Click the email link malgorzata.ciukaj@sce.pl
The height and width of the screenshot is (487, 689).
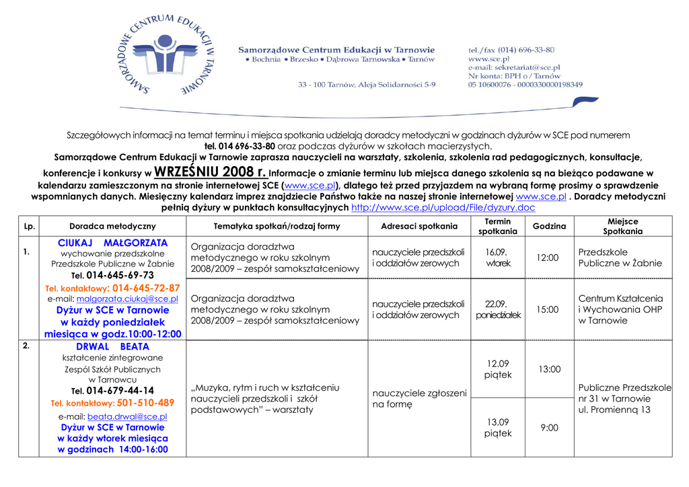tap(127, 299)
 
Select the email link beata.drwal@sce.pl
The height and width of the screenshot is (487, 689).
tap(127, 416)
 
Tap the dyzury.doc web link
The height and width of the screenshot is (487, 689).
tap(443, 208)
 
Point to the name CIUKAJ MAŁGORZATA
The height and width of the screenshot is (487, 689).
tap(112, 242)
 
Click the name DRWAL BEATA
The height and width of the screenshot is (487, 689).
tap(112, 346)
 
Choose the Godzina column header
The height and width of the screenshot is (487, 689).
tap(549, 226)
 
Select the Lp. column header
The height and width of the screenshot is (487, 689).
tap(29, 226)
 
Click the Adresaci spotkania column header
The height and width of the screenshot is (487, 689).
tap(419, 226)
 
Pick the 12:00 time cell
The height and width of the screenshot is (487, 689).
tap(547, 258)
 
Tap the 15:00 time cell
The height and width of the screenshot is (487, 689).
tap(547, 309)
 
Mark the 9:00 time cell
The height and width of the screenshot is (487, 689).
tap(549, 427)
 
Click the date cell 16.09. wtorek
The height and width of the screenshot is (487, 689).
tap(498, 258)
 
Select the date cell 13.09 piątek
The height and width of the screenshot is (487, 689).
tap(498, 427)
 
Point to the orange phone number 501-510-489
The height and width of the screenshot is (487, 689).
tap(145, 403)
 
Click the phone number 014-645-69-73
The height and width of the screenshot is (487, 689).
tap(120, 275)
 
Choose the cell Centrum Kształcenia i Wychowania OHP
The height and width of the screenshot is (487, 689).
tap(620, 309)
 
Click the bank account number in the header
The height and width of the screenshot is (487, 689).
tap(525, 85)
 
